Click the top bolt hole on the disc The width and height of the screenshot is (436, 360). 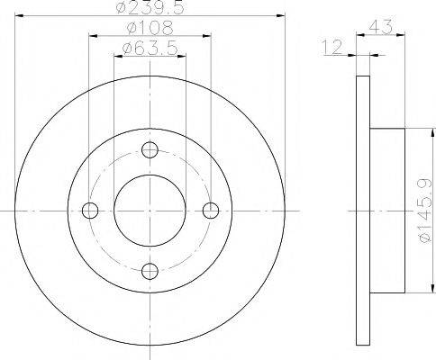[150, 149]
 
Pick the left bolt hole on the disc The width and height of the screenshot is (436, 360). [89, 210]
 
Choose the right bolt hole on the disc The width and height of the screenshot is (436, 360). [211, 210]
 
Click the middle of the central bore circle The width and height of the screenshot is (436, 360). [150, 210]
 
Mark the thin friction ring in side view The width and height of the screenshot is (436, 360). [363, 210]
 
